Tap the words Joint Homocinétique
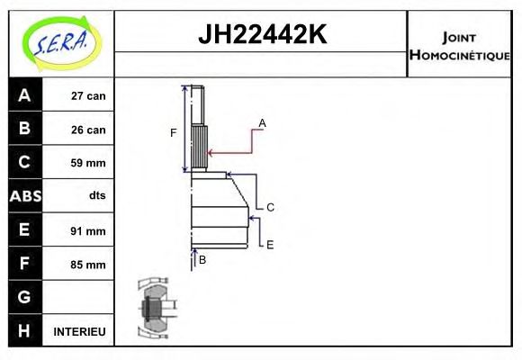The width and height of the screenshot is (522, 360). pos(460,45)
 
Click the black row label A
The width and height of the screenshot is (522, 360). pos(24,95)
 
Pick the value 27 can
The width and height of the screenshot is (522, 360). pos(88,96)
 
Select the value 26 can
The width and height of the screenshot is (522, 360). pos(88,130)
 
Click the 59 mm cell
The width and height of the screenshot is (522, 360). pos(88,163)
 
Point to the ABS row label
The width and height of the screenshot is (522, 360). pos(24,196)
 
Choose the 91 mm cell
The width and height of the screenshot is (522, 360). pos(88,230)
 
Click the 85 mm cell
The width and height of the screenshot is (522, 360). pos(88,265)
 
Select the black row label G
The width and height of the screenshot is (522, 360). pos(24,297)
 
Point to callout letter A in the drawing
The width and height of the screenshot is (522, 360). pos(262,122)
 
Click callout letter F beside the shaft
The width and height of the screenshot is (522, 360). pos(174,133)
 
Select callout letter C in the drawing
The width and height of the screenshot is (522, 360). pos(269,207)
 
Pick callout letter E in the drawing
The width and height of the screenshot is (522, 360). pos(269,244)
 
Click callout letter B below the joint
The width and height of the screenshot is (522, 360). pos(202,259)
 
